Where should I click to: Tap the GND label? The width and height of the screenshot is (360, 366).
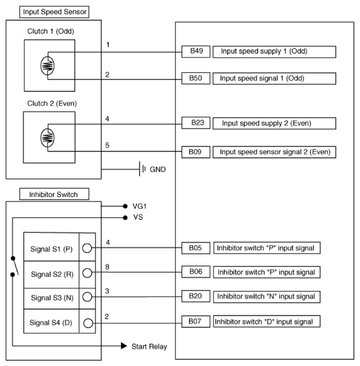click(158, 170)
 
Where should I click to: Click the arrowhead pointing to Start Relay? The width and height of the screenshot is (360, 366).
click(123, 346)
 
